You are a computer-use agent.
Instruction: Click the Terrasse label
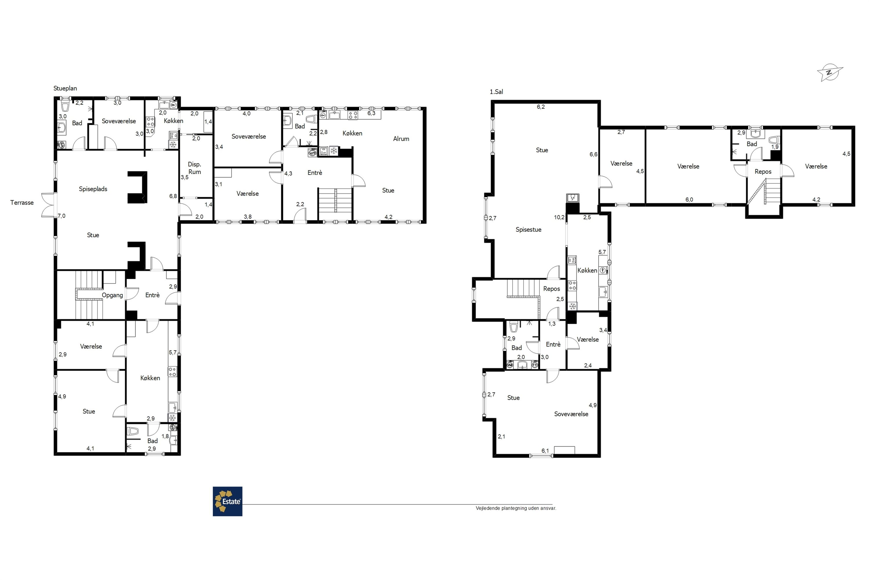(22, 203)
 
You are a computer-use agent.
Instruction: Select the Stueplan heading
(65, 88)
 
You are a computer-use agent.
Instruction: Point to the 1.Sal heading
(496, 92)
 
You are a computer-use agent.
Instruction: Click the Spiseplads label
(93, 189)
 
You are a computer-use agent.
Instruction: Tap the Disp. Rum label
(194, 168)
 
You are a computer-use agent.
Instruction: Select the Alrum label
(401, 139)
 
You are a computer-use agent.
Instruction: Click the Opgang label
(112, 295)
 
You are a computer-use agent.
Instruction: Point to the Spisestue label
(528, 230)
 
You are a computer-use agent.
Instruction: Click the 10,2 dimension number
(559, 217)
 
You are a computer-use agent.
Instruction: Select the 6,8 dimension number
(173, 196)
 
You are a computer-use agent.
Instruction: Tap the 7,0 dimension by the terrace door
(62, 216)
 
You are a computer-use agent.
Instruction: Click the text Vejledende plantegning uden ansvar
(516, 508)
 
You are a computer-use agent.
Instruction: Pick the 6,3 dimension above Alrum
(371, 113)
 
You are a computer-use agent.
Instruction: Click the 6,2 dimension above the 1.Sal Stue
(541, 107)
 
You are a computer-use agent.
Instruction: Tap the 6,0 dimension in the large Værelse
(689, 200)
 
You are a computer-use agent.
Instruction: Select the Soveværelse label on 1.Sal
(571, 414)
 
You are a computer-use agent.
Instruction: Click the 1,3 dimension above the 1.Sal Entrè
(552, 324)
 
